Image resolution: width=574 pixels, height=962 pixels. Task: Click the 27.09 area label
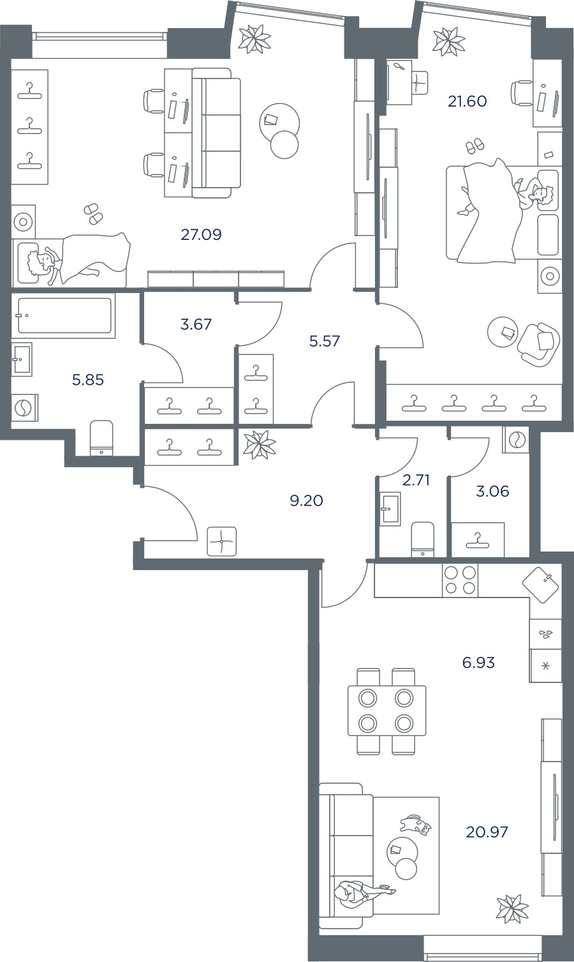pyautogui.click(x=201, y=234)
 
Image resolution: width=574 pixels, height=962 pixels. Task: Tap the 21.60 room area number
pyautogui.click(x=467, y=101)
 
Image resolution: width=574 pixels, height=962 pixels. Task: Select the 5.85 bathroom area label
pyautogui.click(x=88, y=380)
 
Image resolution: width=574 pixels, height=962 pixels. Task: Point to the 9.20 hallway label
pyautogui.click(x=306, y=500)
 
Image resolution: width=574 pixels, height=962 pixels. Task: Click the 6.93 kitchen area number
pyautogui.click(x=478, y=663)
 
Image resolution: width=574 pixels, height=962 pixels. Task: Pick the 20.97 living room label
pyautogui.click(x=487, y=832)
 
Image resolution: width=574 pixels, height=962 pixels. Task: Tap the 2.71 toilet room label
pyautogui.click(x=416, y=479)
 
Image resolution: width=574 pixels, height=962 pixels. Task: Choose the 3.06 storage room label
pyautogui.click(x=492, y=491)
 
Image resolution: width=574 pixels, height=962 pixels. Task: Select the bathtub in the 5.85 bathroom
pyautogui.click(x=64, y=316)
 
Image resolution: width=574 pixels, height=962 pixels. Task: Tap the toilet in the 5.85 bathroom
pyautogui.click(x=101, y=437)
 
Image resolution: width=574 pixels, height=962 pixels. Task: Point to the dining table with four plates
pyautogui.click(x=386, y=711)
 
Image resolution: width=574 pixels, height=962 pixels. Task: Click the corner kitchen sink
pyautogui.click(x=541, y=585)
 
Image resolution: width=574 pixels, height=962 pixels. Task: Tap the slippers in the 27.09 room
pyautogui.click(x=93, y=213)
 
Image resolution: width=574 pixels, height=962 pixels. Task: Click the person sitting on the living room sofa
pyautogui.click(x=362, y=892)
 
